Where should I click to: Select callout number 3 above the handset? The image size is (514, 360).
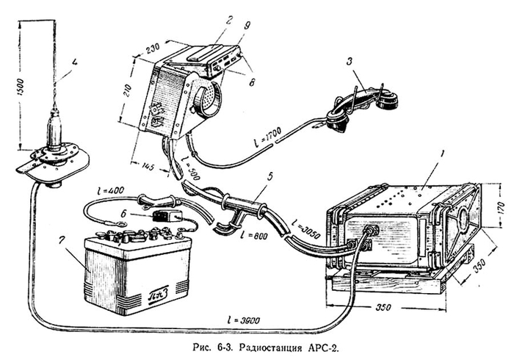click(x=352, y=72)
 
